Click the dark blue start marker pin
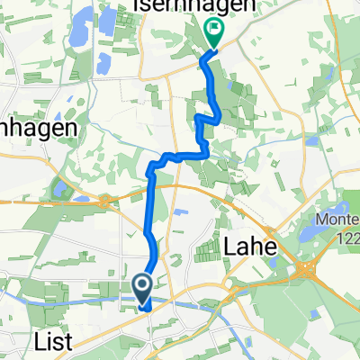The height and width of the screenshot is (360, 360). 143,288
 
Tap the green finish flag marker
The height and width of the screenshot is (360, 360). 214,34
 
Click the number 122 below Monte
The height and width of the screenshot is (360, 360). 343,236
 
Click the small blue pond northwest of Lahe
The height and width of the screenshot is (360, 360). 179,212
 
